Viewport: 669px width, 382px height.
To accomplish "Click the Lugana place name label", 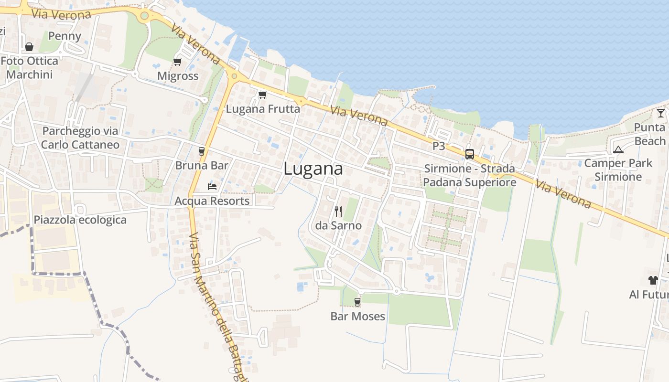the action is click(x=313, y=169).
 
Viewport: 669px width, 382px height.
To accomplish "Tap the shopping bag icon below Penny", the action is click(x=29, y=47).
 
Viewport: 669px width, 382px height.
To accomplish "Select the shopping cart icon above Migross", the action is click(x=178, y=62).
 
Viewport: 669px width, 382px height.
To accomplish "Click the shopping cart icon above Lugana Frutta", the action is click(x=262, y=95).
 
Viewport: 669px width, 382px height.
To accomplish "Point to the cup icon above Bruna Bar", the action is click(x=202, y=151).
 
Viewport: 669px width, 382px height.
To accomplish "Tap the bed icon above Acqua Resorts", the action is click(x=212, y=186).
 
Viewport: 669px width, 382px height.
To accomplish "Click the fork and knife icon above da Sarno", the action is click(x=338, y=211).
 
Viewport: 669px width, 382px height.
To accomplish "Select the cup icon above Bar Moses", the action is click(x=357, y=302).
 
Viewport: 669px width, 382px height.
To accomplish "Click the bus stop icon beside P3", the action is click(x=470, y=154).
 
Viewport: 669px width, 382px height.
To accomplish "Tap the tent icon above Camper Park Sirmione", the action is click(x=618, y=149).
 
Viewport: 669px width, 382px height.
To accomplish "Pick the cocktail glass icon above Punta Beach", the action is click(x=661, y=113).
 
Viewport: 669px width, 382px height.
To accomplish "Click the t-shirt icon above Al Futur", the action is click(x=653, y=280).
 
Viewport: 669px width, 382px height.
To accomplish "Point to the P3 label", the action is click(x=439, y=146).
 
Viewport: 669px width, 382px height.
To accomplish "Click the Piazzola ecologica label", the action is click(x=80, y=220).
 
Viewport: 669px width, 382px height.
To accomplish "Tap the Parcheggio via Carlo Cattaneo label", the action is click(x=80, y=138).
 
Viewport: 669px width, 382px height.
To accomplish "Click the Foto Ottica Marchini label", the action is click(x=29, y=68).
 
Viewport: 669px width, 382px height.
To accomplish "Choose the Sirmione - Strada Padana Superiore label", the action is click(x=470, y=175).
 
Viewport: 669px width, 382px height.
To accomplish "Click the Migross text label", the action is click(x=178, y=76).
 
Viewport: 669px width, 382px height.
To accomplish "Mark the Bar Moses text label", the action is click(x=358, y=316).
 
